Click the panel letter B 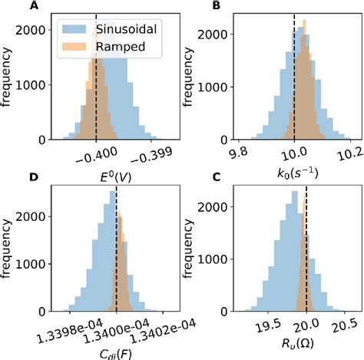click(217, 6)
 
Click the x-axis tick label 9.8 click(240, 154)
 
